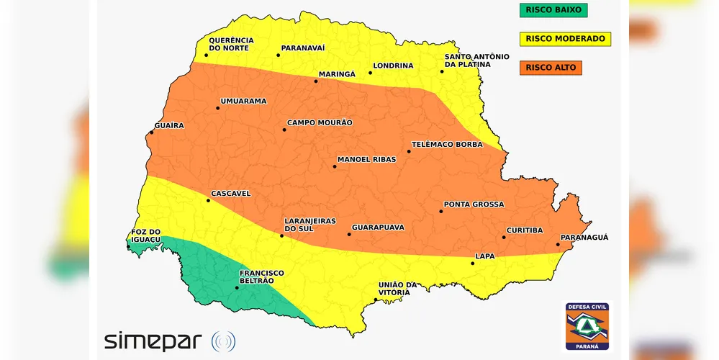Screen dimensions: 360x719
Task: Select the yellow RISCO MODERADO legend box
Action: (565, 39)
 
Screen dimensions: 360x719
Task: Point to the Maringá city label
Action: (337, 74)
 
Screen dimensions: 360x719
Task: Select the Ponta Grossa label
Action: (474, 204)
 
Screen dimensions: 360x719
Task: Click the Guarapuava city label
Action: (378, 227)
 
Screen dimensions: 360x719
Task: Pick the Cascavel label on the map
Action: (230, 194)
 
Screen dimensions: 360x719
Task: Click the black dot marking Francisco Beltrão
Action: (237, 288)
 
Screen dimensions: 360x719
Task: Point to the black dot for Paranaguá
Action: (558, 245)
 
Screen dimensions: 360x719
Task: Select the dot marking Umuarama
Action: (218, 108)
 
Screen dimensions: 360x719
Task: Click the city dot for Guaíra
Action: (152, 132)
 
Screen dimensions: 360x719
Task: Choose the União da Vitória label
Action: (398, 289)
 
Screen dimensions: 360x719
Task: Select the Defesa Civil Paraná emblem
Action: (587, 326)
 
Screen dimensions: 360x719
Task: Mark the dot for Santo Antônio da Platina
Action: (442, 71)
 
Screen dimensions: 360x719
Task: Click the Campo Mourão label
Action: (320, 122)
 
